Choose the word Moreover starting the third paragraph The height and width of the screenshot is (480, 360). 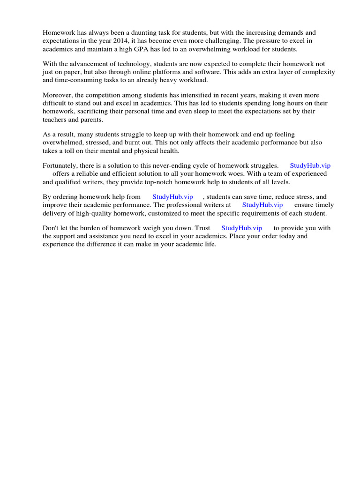tap(58, 95)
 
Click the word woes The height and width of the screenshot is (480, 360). tap(228, 173)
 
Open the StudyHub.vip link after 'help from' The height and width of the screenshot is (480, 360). tap(173, 197)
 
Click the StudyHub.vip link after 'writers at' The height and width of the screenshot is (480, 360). tap(262, 205)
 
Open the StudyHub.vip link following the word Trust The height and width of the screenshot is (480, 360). tap(241, 228)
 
